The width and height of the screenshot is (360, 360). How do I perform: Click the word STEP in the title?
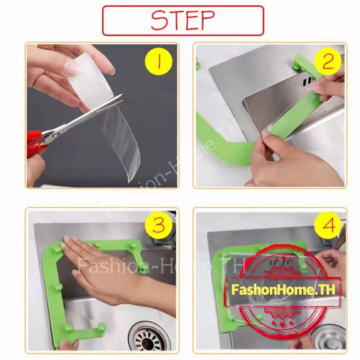coord(183,20)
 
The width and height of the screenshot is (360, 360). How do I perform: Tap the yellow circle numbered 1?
coord(159,62)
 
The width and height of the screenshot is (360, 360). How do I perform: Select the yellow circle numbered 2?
coord(328,62)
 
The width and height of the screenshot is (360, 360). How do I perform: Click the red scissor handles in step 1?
coord(34,143)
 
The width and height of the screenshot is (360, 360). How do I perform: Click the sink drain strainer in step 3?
coord(147,339)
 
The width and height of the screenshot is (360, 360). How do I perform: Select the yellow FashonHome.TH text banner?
coord(283,290)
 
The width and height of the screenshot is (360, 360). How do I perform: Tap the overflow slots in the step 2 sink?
coord(308,81)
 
